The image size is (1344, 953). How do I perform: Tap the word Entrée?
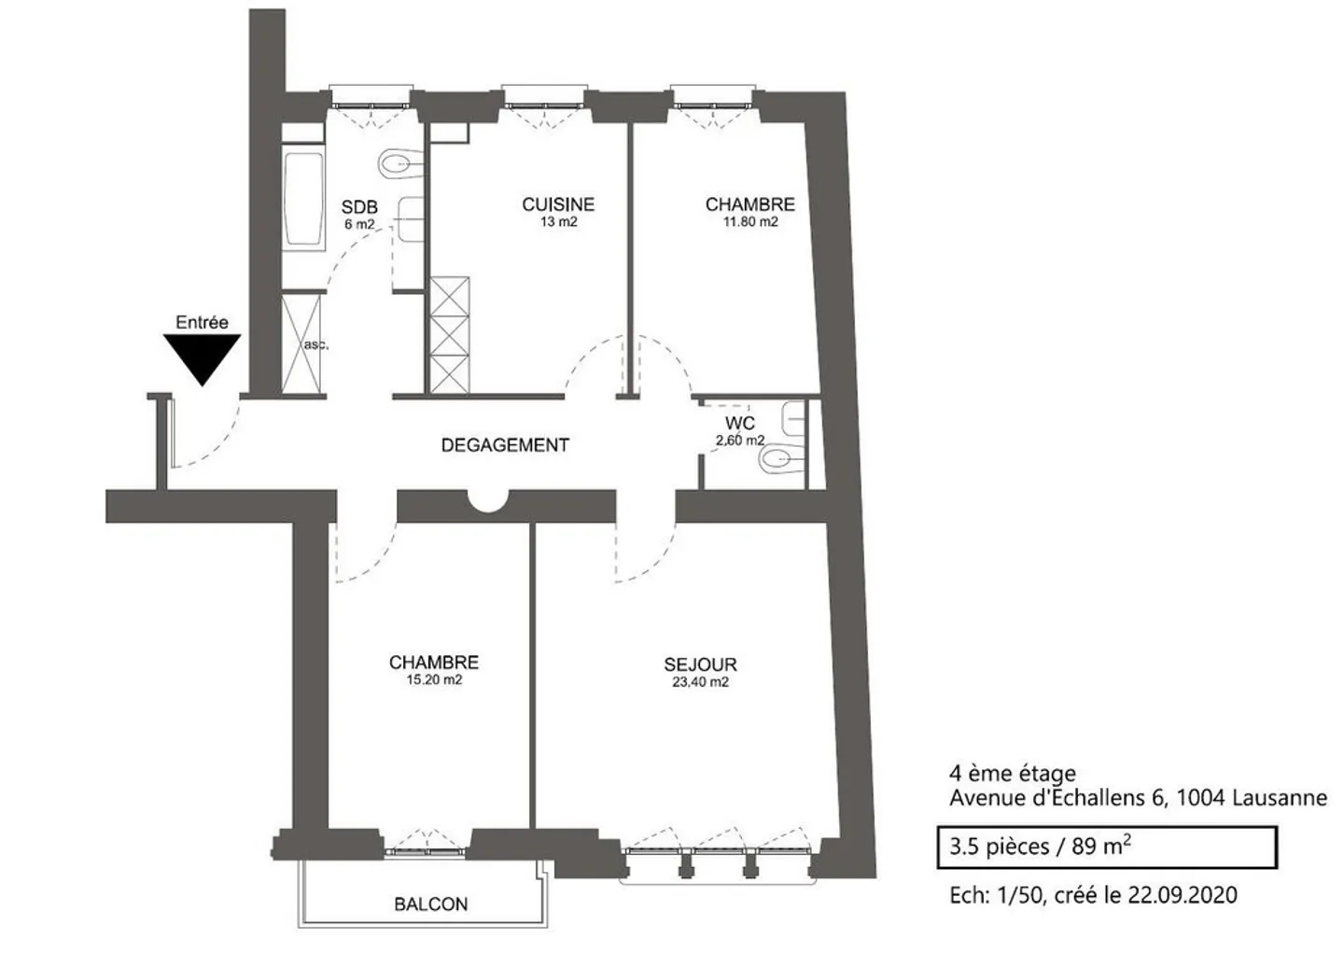tap(203, 322)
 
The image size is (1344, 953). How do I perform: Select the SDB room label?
tap(359, 207)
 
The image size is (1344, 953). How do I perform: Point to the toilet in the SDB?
tap(400, 163)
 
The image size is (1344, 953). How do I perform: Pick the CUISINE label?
tap(558, 204)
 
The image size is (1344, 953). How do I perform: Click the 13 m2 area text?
tap(558, 222)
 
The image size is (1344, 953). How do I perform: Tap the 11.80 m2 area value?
tap(750, 222)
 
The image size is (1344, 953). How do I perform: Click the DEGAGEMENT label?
tap(505, 445)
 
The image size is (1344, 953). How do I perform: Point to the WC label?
tap(740, 423)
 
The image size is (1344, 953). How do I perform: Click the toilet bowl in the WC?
tap(781, 460)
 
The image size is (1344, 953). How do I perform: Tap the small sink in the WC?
tap(792, 417)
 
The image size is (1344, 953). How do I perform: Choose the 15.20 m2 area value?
tap(434, 680)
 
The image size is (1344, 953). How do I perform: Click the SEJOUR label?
tap(700, 665)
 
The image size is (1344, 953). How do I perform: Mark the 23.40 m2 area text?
tap(700, 681)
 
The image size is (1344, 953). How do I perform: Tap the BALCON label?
tap(431, 904)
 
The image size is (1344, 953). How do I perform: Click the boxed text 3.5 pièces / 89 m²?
tap(1041, 847)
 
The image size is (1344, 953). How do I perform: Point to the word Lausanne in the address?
tap(1280, 797)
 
